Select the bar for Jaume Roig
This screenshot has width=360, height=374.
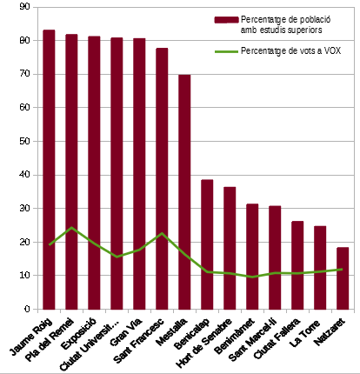[x=49, y=170]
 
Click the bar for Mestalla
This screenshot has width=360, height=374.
[x=184, y=192]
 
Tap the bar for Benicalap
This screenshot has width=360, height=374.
[x=207, y=244]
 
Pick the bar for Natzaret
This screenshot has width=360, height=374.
[x=343, y=278]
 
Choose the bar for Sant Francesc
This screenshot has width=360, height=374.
[x=162, y=178]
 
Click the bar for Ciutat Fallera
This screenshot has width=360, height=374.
[x=297, y=265]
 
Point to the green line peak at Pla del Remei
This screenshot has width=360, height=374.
[x=71, y=228]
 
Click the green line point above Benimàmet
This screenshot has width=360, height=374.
[x=252, y=277]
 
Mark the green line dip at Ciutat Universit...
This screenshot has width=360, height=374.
[x=117, y=257]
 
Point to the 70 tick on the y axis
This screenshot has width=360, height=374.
[x=36, y=74]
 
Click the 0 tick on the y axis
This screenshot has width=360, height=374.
[x=36, y=310]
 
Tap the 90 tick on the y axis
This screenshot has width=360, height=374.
[x=36, y=7]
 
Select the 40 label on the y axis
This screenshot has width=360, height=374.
[x=24, y=175]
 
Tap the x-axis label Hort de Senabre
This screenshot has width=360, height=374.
[x=203, y=343]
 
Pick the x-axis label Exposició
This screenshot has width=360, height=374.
[x=78, y=333]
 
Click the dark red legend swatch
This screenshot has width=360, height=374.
[x=226, y=20]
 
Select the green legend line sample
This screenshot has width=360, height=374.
[x=226, y=51]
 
